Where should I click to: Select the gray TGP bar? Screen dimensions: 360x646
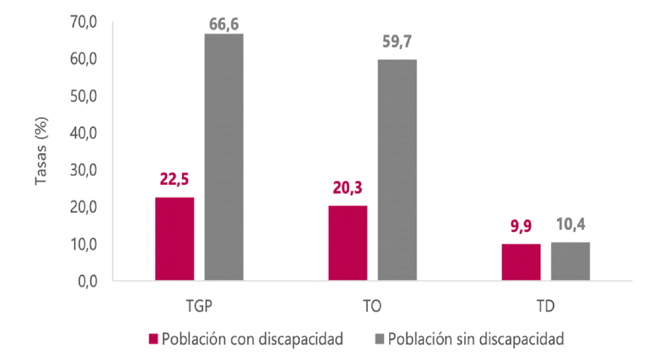click(224, 157)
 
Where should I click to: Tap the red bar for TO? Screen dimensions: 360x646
click(348, 243)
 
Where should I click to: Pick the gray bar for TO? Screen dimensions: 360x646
click(397, 170)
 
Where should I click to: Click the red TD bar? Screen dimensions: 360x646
click(521, 262)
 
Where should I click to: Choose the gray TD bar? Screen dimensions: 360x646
click(570, 261)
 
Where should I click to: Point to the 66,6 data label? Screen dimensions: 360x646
click(224, 25)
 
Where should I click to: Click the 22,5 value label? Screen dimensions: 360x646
click(174, 179)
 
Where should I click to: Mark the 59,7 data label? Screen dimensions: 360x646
click(397, 41)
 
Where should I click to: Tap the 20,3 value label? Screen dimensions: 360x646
click(347, 188)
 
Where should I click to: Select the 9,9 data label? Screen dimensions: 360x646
click(521, 226)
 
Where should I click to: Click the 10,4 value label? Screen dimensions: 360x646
click(570, 224)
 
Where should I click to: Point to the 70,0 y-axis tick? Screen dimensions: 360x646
click(83, 22)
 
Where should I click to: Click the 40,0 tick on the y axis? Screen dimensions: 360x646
click(83, 133)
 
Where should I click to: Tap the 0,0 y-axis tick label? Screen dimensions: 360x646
click(87, 281)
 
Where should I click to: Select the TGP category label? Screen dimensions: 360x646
click(199, 306)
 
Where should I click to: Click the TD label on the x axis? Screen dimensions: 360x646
click(545, 306)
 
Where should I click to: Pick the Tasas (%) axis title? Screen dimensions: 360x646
click(41, 151)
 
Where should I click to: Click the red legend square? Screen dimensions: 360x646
click(153, 339)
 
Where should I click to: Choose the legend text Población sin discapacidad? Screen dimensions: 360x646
click(476, 339)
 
